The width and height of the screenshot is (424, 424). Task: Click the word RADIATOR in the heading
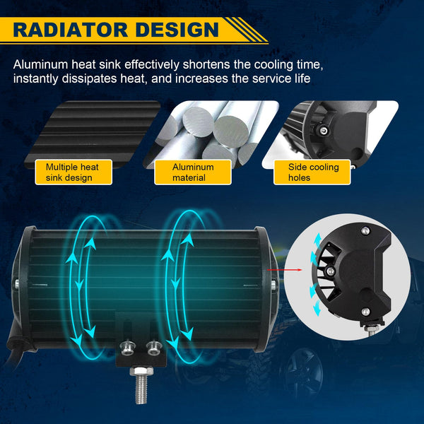70,30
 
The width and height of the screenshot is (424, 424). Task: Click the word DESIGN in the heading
177,30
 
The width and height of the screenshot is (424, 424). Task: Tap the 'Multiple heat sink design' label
73,172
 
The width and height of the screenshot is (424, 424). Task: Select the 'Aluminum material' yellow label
193,172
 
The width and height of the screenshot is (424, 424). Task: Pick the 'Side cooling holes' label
312,172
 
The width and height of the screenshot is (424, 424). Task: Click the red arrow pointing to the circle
284,270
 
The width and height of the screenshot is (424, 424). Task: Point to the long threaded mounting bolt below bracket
141,384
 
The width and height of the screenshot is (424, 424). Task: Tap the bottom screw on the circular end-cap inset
365,312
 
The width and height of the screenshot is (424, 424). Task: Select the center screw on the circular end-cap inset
330,271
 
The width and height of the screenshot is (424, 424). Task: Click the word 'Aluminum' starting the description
40,64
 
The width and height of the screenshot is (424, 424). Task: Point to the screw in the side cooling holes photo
324,131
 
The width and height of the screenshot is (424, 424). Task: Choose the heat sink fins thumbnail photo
92,134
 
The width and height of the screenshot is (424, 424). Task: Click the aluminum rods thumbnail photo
211,134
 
